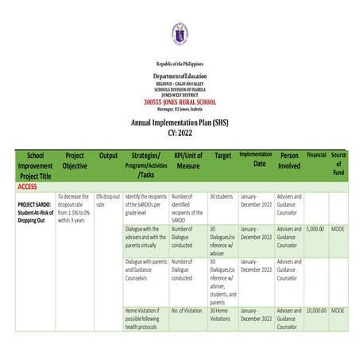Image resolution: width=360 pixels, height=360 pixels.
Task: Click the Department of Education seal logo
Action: (x=180, y=33)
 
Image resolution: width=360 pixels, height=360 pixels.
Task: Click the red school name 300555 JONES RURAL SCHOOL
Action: (x=180, y=103)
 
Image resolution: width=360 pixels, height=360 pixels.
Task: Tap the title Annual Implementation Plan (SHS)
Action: (x=180, y=122)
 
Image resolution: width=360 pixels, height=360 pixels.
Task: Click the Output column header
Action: (x=108, y=156)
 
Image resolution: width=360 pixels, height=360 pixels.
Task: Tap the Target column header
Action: (x=223, y=156)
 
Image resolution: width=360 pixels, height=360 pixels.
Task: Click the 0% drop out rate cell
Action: (x=107, y=200)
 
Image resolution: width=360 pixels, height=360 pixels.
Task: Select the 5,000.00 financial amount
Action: (x=315, y=229)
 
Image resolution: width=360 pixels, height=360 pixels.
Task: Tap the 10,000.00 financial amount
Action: (x=315, y=311)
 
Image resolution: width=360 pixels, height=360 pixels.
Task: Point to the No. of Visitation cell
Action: (x=187, y=311)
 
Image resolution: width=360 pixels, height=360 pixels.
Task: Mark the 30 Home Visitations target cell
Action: (x=223, y=315)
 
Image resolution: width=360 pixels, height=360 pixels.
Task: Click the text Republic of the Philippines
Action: (x=180, y=62)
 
